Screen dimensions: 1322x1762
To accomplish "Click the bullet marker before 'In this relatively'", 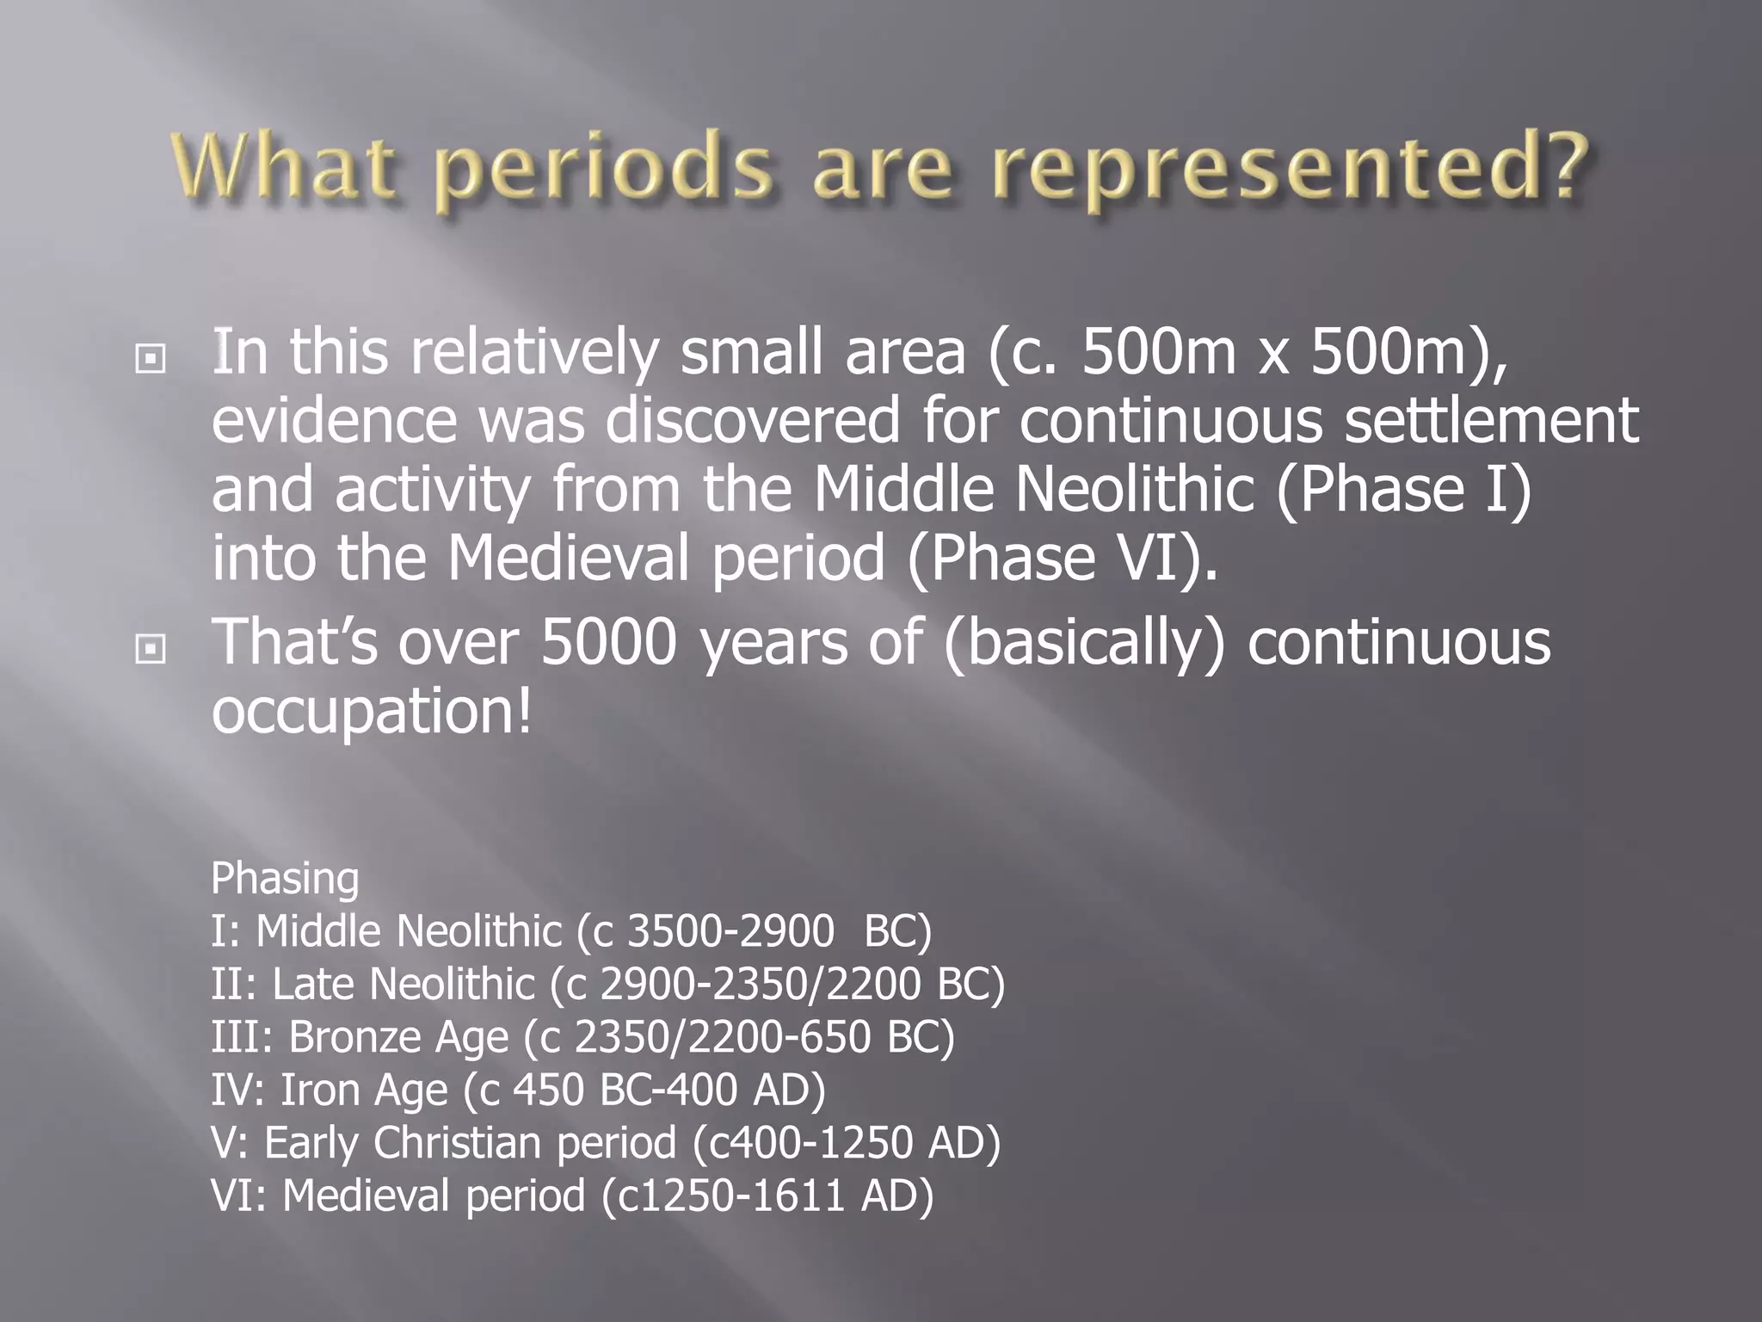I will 151,358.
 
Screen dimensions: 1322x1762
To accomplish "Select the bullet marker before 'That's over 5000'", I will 151,649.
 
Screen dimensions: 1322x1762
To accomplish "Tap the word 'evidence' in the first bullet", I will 334,421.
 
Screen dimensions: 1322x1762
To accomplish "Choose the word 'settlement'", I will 1491,421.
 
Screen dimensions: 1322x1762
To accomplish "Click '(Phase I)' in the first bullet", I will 1403,490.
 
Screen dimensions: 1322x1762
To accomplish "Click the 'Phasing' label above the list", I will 285,879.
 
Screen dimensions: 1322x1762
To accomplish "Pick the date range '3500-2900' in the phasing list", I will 730,932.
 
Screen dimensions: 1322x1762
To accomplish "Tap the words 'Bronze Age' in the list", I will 398,1037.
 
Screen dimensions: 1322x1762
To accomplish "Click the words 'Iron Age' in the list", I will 364,1090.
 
